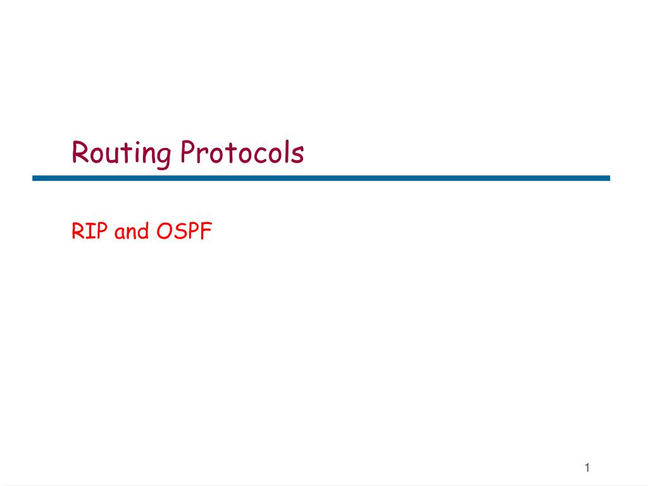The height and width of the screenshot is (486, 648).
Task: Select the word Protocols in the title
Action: point(242,153)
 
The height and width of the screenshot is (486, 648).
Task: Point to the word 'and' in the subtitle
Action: point(132,232)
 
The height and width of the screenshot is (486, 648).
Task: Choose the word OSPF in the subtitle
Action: point(184,232)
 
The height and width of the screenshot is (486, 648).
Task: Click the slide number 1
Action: point(587,468)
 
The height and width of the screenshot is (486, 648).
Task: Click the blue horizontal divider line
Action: point(321,178)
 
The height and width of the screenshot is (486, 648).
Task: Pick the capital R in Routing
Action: point(80,153)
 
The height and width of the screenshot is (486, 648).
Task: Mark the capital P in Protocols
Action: point(189,153)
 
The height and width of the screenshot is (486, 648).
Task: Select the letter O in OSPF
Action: point(165,232)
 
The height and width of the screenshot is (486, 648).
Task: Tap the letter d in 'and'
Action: point(143,232)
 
